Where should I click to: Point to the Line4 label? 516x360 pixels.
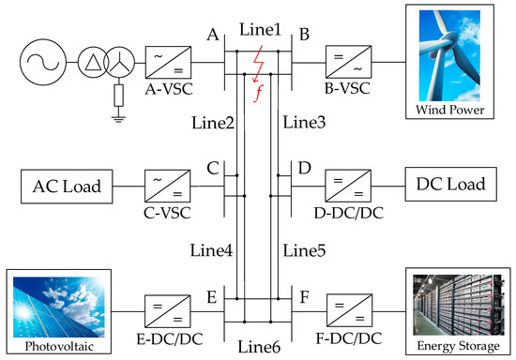point(212,250)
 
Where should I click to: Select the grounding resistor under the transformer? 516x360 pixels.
point(117,96)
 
